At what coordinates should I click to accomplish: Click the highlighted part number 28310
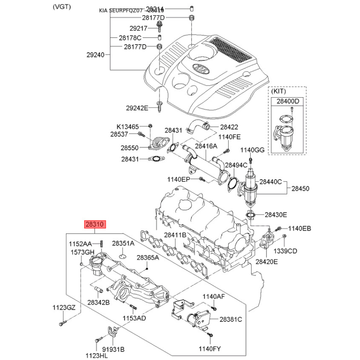tap(95, 224)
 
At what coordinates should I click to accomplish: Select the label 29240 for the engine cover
tap(95, 55)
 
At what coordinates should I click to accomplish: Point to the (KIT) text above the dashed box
tap(279, 91)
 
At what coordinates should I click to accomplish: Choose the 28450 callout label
tap(300, 189)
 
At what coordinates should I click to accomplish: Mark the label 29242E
tap(137, 108)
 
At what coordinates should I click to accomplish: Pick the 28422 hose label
tap(229, 127)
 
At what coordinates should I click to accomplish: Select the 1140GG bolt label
tap(252, 149)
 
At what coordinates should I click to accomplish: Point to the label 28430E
tap(275, 215)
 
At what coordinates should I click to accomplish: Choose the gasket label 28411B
tap(175, 235)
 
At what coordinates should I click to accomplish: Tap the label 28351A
tap(123, 243)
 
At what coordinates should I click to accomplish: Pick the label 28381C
tap(231, 319)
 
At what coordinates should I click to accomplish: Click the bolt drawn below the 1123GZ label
tap(62, 323)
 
